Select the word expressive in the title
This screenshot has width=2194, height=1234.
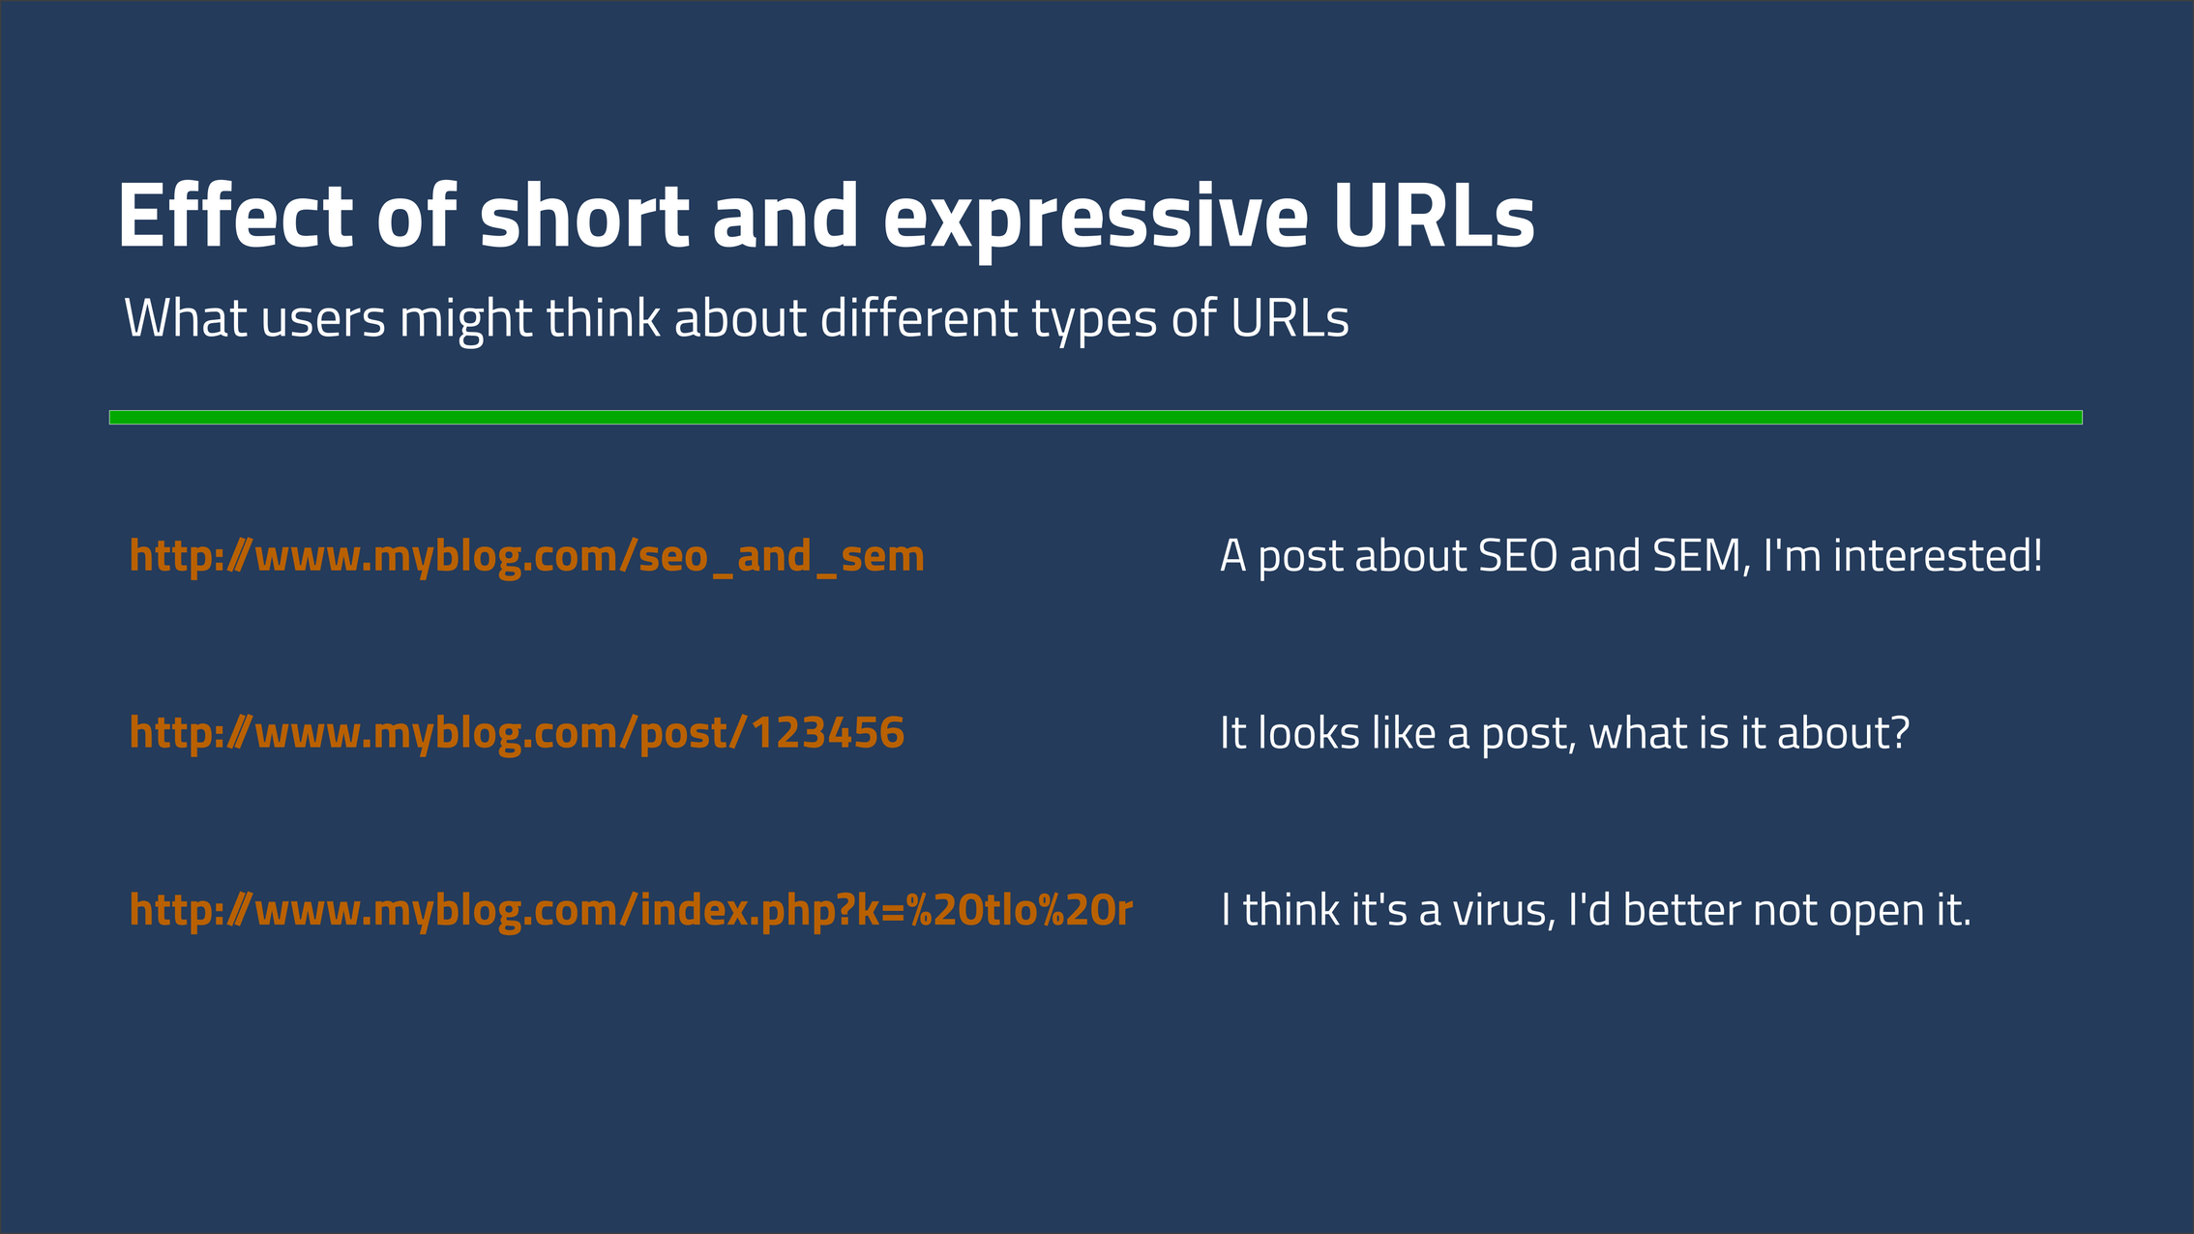tap(1095, 219)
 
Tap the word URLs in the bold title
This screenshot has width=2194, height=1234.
tap(1434, 217)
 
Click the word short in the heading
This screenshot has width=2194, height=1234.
tap(584, 217)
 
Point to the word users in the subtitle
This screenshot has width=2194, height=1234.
tap(323, 318)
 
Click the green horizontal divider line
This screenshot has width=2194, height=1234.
tap(1095, 418)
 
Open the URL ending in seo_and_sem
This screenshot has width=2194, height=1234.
tap(526, 557)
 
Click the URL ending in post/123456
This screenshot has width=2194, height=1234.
tap(517, 733)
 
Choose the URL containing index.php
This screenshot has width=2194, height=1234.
tap(631, 911)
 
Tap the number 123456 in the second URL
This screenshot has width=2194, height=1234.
tap(827, 733)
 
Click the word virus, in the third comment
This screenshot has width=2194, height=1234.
tap(1503, 910)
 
